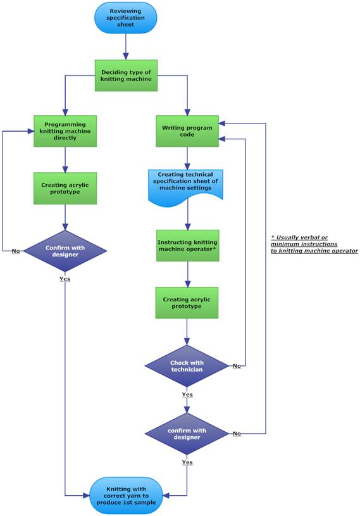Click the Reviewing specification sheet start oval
click(x=126, y=18)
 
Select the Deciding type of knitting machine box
click(x=127, y=75)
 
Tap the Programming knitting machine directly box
click(x=65, y=131)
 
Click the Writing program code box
click(x=187, y=131)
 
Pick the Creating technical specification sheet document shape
click(x=185, y=187)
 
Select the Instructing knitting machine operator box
click(x=187, y=246)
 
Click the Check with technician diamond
click(x=187, y=366)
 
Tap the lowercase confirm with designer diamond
click(x=187, y=434)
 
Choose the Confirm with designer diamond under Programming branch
click(x=65, y=251)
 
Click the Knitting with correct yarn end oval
click(x=127, y=496)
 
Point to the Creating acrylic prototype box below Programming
click(x=65, y=188)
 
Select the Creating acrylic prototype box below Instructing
click(x=187, y=303)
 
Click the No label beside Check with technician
click(x=237, y=366)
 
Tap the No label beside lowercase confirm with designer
click(x=237, y=434)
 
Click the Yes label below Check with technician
click(x=187, y=394)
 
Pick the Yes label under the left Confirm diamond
click(x=65, y=279)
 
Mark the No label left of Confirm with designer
click(x=16, y=251)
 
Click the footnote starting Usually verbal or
click(x=314, y=244)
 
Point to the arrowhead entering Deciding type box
click(x=126, y=56)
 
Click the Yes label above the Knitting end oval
click(x=187, y=462)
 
